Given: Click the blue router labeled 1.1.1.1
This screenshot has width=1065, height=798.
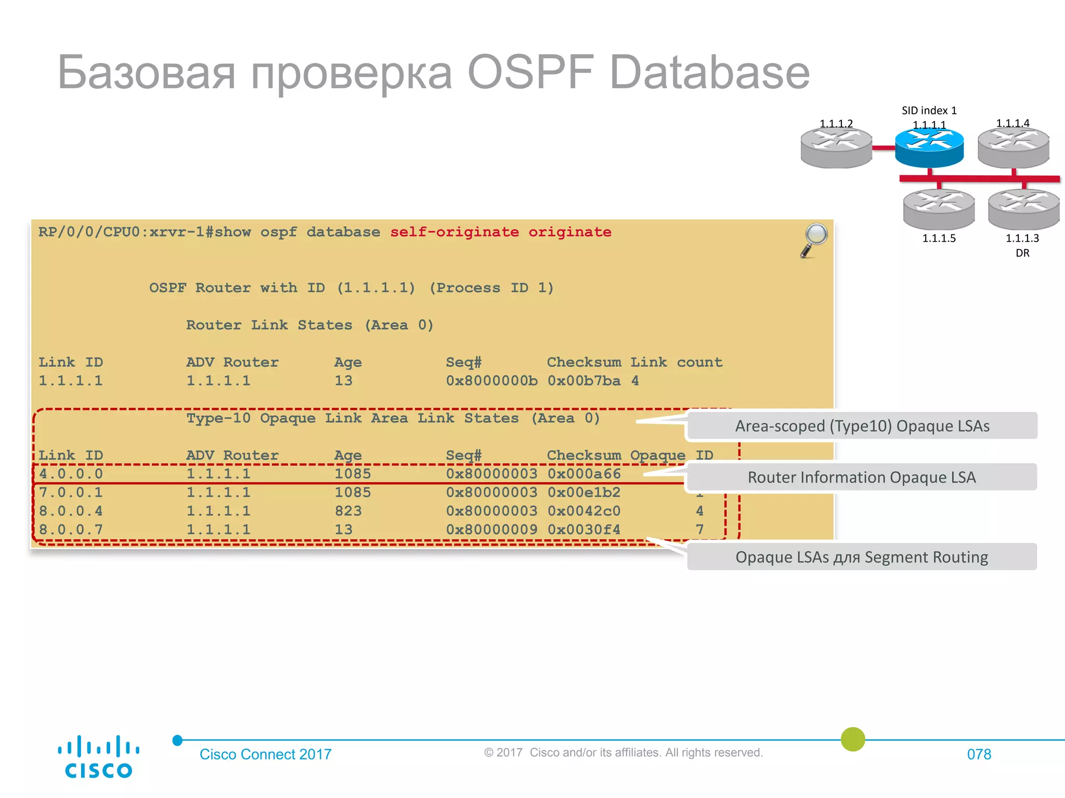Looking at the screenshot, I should pos(929,148).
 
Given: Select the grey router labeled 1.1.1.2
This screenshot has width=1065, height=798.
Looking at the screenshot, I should pos(836,148).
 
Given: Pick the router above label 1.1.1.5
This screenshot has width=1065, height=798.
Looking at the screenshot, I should pos(939,209).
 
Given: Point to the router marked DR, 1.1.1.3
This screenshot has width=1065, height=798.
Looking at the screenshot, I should pos(1023,209).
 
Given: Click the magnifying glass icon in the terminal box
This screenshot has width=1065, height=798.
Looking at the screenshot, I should pos(814,239).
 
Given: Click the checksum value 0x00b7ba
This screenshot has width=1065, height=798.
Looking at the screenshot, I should pos(584,381).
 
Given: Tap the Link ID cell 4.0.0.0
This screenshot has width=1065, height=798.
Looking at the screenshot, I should pos(71,474).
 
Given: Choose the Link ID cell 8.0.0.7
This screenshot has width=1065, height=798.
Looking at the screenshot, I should pos(71,530).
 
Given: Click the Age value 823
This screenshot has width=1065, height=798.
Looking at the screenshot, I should pos(348,511).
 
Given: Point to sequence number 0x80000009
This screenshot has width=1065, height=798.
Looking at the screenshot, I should pos(491,530).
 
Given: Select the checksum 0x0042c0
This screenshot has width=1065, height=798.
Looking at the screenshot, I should pos(584,511).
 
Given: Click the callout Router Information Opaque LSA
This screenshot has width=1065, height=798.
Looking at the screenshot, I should pos(861,477).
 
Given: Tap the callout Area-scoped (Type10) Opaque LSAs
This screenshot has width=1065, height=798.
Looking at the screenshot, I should pos(862,426).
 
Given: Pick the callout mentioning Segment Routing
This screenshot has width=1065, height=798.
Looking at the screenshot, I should pos(862,557).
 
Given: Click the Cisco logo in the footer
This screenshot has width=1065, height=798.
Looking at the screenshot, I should pos(98,756).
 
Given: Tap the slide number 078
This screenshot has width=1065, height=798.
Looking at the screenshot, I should pos(979,754).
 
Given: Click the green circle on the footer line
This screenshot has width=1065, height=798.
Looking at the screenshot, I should pos(853,739).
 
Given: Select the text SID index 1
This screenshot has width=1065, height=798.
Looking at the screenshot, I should pos(929,111).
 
